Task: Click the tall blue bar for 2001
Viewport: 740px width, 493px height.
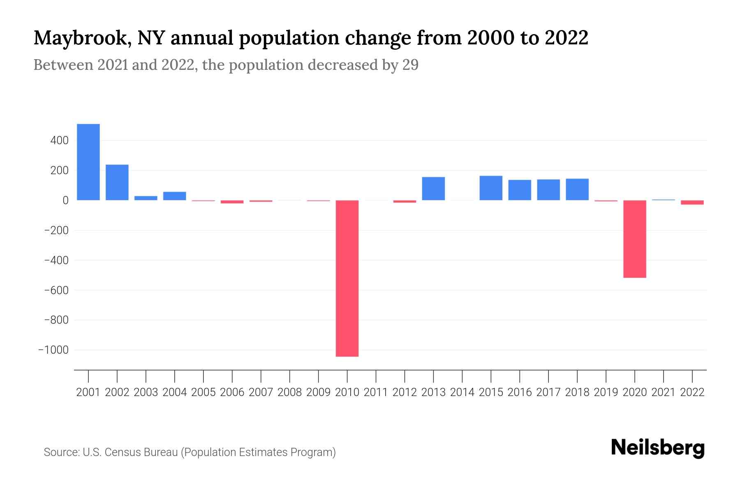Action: tap(88, 162)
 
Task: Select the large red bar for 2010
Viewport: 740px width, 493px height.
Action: tap(347, 278)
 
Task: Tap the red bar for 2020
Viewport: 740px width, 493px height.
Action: tap(634, 239)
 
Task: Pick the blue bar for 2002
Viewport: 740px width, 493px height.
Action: tap(117, 182)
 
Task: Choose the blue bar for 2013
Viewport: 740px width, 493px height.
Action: tap(433, 189)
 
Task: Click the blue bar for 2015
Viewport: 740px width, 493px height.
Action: tap(491, 188)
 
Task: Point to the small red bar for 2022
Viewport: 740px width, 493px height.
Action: tap(692, 203)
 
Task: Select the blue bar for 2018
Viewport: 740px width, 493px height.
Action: tap(577, 189)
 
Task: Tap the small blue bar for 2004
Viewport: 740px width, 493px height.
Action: tap(175, 196)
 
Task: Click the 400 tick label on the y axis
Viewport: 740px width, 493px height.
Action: tap(60, 141)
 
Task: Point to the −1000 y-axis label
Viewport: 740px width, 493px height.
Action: tap(53, 350)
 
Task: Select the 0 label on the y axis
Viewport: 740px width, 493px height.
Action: tap(65, 200)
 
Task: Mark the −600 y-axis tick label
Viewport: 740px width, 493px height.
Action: tap(56, 290)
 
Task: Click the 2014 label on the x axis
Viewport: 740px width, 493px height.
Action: tap(462, 392)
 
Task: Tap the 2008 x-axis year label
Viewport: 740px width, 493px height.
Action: tap(289, 392)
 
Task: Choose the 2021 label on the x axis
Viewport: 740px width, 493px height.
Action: tap(663, 392)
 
